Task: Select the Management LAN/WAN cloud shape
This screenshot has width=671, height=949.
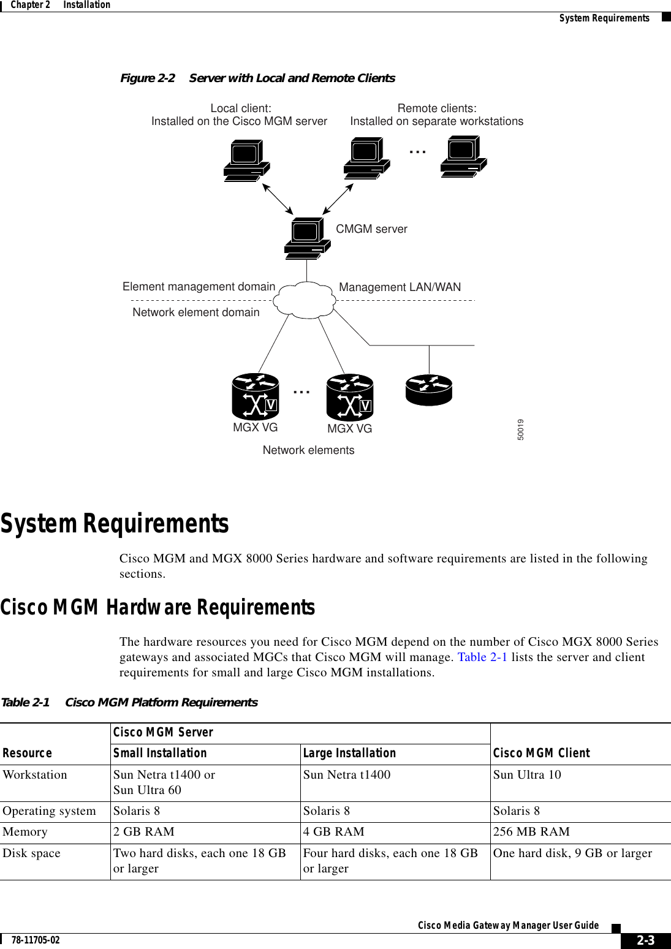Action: pyautogui.click(x=305, y=300)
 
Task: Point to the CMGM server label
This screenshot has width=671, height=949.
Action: pyautogui.click(x=371, y=229)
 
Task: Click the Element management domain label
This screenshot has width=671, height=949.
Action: pyautogui.click(x=199, y=287)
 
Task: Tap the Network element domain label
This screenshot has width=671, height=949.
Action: pyautogui.click(x=196, y=312)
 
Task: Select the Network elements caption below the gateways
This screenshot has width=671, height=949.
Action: pyautogui.click(x=308, y=450)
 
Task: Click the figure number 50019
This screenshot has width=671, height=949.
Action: pyautogui.click(x=520, y=429)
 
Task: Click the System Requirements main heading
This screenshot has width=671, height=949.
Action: pyautogui.click(x=115, y=524)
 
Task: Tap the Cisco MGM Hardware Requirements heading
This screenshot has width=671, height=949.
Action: pyautogui.click(x=157, y=608)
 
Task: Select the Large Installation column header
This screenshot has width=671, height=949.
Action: pyautogui.click(x=349, y=754)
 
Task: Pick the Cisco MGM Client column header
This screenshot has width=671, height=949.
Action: pyautogui.click(x=541, y=754)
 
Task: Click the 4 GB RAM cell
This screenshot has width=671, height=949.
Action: pyautogui.click(x=333, y=832)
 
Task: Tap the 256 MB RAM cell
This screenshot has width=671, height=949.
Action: pyautogui.click(x=531, y=832)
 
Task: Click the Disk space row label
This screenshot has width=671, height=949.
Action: pyautogui.click(x=32, y=853)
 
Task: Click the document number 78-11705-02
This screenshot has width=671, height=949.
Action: pyautogui.click(x=36, y=940)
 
